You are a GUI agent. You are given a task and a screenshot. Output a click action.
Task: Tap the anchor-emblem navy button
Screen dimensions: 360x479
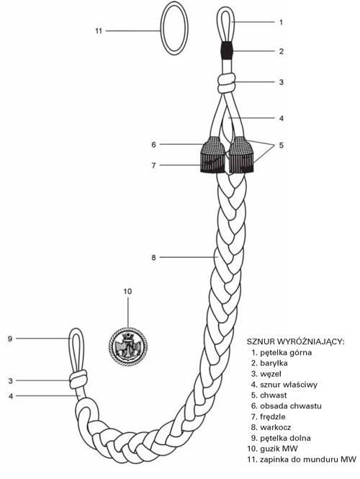(x=128, y=346)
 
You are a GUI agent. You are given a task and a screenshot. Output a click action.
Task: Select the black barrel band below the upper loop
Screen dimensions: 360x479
(x=226, y=50)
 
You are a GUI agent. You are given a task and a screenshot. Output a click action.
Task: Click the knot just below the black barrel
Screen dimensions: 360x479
(x=226, y=83)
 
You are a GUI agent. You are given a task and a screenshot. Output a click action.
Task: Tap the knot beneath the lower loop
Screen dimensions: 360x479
(x=78, y=379)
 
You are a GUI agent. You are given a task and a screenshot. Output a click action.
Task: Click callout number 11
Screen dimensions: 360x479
(x=99, y=31)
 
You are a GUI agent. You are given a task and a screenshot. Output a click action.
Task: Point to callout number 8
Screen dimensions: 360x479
(x=153, y=258)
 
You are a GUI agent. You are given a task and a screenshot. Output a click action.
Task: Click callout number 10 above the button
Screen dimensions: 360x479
(x=127, y=292)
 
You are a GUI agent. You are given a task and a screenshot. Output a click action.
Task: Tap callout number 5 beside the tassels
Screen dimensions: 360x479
(x=281, y=145)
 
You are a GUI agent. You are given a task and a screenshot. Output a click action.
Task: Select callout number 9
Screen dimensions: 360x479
(x=10, y=339)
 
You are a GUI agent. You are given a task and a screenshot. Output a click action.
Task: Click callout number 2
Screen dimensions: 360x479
(x=282, y=51)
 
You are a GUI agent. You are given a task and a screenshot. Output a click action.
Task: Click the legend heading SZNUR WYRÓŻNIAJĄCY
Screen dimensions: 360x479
(x=295, y=341)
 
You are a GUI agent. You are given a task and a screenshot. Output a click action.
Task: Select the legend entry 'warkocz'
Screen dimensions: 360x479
(x=271, y=427)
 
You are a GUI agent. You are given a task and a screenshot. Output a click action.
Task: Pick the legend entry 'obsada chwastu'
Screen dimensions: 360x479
(x=287, y=406)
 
